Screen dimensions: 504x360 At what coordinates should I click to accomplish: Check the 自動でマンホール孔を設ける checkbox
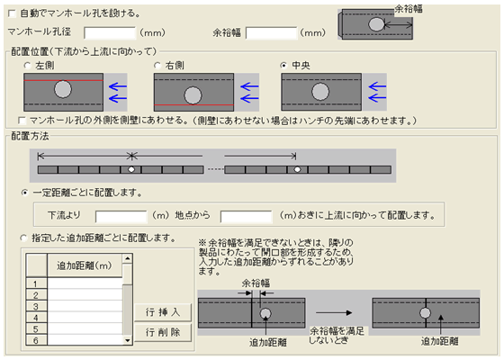(12, 13)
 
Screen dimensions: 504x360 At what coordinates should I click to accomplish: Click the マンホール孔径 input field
(110, 32)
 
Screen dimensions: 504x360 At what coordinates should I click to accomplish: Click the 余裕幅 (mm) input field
(271, 32)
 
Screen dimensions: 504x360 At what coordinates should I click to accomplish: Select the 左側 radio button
(27, 66)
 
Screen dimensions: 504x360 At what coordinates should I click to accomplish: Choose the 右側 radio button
(157, 66)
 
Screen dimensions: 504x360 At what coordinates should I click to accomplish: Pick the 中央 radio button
(283, 66)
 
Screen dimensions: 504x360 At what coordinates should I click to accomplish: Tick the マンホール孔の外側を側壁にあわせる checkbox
(22, 121)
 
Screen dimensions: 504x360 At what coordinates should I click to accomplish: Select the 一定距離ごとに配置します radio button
(24, 193)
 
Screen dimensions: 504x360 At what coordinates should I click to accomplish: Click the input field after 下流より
(121, 216)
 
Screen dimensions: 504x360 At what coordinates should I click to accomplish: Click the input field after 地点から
(247, 216)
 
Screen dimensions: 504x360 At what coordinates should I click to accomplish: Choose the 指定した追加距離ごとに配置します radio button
(23, 238)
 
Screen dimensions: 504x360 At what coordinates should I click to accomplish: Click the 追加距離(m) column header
(85, 265)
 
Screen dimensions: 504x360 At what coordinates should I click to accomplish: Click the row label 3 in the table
(36, 306)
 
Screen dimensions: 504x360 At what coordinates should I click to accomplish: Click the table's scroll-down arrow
(128, 340)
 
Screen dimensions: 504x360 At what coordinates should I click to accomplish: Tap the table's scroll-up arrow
(128, 258)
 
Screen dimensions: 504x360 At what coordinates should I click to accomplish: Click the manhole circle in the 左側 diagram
(63, 89)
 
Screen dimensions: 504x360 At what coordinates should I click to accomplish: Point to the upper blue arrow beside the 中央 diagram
(377, 86)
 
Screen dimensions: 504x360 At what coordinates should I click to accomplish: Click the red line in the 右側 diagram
(193, 104)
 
